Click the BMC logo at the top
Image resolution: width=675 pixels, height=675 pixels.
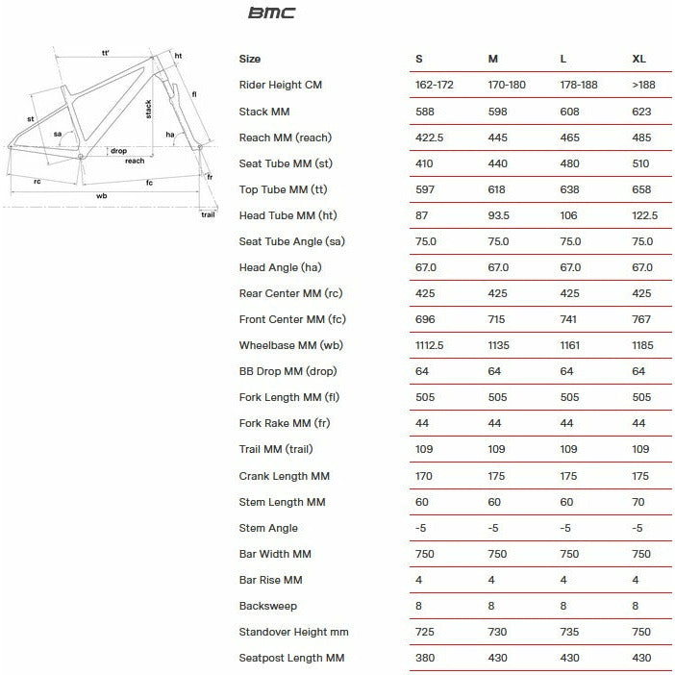click(x=272, y=13)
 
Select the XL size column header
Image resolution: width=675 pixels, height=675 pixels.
click(x=639, y=60)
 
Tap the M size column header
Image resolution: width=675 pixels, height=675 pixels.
click(x=492, y=60)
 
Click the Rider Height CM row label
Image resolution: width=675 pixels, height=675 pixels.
click(x=280, y=86)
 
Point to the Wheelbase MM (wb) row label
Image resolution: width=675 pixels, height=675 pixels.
click(x=287, y=345)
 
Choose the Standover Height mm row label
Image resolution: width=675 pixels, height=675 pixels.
click(x=293, y=632)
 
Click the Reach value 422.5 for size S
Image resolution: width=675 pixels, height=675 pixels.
click(x=429, y=137)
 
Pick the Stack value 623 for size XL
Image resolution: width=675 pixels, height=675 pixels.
click(x=641, y=112)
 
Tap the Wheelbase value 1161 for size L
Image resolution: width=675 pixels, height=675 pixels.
click(x=573, y=345)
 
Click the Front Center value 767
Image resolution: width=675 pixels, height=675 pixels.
click(x=641, y=319)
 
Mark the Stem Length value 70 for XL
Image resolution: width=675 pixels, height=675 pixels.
click(x=638, y=502)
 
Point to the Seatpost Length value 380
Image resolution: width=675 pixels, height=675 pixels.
click(x=424, y=658)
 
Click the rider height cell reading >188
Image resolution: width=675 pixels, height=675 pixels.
click(x=643, y=86)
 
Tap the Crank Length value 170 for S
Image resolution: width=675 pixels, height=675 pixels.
click(x=424, y=476)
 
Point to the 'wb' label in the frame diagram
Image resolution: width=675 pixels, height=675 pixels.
click(x=102, y=196)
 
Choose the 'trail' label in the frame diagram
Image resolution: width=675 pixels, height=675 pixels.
click(x=208, y=213)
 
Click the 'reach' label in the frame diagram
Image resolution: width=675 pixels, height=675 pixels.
click(x=135, y=161)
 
